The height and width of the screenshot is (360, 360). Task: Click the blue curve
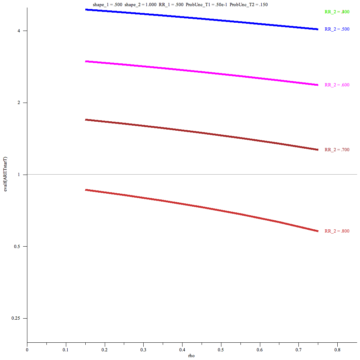pos(202,19)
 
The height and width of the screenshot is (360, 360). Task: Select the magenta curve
pos(202,73)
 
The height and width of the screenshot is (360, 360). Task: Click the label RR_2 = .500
pos(337,29)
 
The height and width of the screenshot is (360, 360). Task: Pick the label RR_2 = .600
pos(337,85)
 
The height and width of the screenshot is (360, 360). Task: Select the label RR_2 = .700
pos(337,150)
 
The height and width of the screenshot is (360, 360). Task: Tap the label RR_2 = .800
pos(337,231)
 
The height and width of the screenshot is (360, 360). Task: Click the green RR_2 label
pos(337,12)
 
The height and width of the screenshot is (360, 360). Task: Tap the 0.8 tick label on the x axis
pos(337,350)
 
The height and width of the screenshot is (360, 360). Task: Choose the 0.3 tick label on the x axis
pos(143,350)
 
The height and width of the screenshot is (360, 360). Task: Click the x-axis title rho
pos(192,356)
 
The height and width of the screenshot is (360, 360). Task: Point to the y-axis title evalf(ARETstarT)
pos(5,175)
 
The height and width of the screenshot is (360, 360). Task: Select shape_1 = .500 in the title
pos(107,5)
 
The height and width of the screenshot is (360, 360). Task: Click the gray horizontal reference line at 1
pos(180,175)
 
